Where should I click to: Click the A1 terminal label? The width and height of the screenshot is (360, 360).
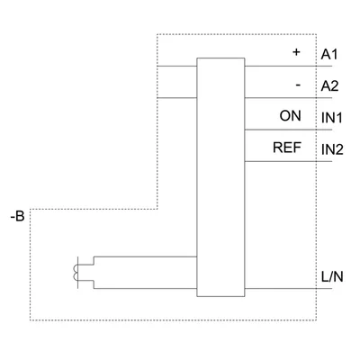[329, 55]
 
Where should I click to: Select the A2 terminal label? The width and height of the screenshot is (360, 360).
[329, 86]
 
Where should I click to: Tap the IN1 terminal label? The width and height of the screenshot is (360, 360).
[332, 118]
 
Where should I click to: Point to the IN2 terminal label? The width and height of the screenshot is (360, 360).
[332, 149]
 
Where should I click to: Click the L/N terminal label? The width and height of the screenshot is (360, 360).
[332, 276]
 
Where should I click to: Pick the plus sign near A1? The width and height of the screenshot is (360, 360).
[296, 52]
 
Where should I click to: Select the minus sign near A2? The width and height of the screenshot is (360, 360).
[298, 85]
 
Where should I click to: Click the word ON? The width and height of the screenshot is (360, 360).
[290, 116]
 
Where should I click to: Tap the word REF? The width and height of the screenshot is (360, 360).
[287, 148]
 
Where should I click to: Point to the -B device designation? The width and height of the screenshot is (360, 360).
[17, 216]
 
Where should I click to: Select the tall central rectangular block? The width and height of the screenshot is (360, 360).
[220, 177]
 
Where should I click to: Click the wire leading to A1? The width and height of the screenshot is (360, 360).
[288, 67]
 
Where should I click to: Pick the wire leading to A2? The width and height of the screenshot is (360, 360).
[288, 98]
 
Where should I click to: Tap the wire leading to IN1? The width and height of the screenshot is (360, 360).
[288, 130]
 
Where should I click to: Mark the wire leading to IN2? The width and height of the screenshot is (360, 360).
[288, 161]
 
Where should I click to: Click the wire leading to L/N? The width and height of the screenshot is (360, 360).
[288, 289]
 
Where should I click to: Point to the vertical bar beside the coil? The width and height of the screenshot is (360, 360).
[78, 273]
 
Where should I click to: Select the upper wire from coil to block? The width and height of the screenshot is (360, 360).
[145, 256]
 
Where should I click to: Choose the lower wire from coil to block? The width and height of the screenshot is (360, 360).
[145, 289]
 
